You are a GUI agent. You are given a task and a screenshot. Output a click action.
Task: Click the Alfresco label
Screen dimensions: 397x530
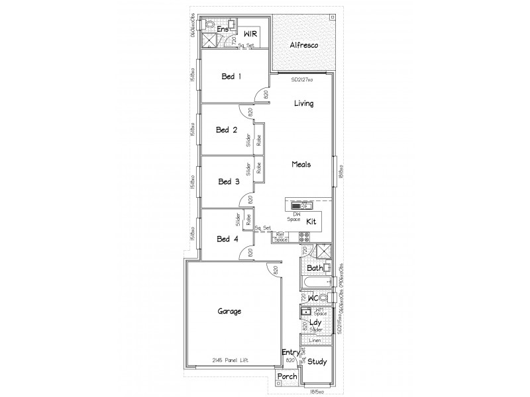click(x=305, y=46)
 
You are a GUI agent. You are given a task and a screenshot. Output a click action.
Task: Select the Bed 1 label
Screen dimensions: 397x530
click(x=231, y=76)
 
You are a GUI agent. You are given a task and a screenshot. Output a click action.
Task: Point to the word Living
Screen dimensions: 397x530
click(x=303, y=103)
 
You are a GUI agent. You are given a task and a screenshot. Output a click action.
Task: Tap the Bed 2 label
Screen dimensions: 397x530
click(x=227, y=130)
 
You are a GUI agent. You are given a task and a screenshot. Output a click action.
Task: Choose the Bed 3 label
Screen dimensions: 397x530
click(x=229, y=181)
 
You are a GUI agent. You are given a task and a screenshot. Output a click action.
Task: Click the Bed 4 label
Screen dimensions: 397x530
click(x=227, y=239)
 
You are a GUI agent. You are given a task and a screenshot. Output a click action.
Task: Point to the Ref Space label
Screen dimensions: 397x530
click(x=281, y=237)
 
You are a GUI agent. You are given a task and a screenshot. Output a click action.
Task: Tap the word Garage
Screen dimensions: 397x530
click(x=229, y=310)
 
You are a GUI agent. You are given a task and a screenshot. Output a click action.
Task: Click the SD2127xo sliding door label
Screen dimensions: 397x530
click(x=301, y=79)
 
